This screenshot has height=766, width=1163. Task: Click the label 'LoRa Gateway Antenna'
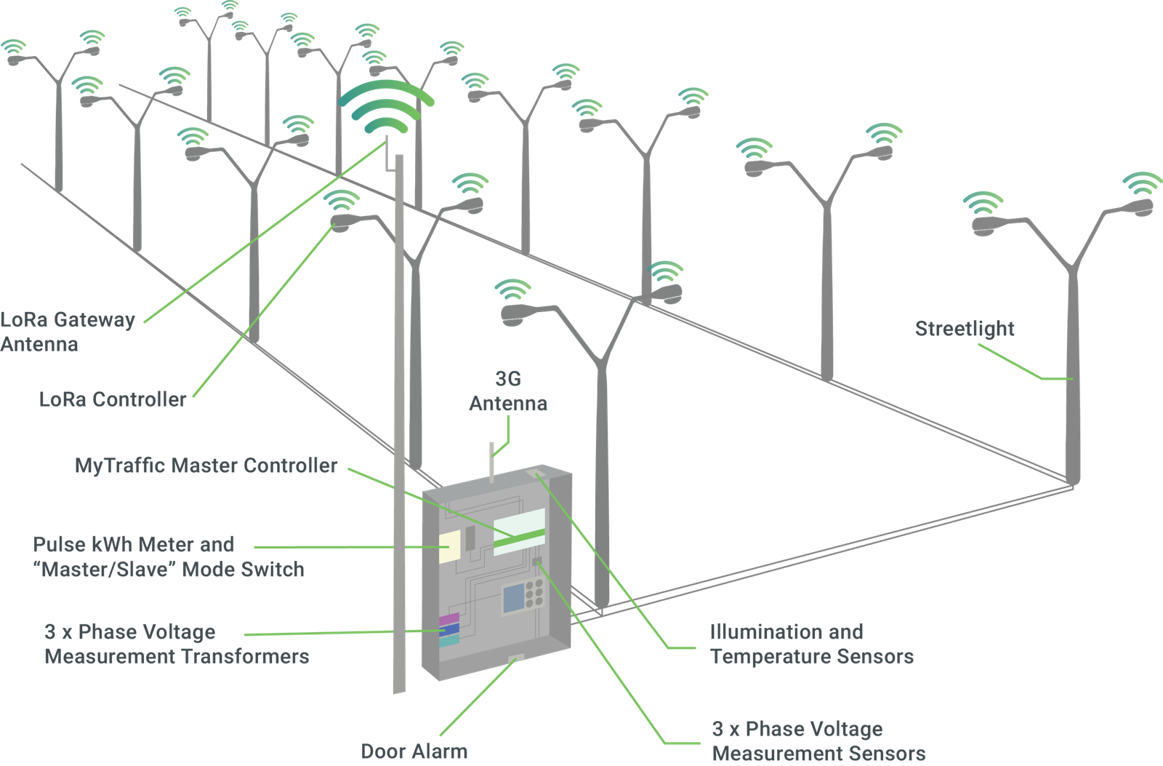click(x=68, y=331)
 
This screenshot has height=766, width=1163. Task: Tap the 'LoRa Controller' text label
click(x=113, y=399)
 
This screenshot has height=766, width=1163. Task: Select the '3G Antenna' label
click(x=508, y=391)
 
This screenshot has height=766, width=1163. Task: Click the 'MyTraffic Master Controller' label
click(x=206, y=466)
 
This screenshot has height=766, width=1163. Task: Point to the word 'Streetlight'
click(x=964, y=329)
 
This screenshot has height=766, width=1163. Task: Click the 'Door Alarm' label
click(x=415, y=751)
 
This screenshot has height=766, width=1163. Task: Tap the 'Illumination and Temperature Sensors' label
click(x=811, y=644)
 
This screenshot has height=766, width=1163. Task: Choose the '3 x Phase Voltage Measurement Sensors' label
click(x=818, y=741)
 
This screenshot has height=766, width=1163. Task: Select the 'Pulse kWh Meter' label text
click(x=134, y=544)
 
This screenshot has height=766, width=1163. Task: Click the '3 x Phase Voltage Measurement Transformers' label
click(x=177, y=644)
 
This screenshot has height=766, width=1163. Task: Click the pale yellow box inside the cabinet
click(x=449, y=546)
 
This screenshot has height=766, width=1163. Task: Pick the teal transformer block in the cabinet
click(x=449, y=639)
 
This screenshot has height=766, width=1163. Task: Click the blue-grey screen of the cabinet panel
click(x=514, y=597)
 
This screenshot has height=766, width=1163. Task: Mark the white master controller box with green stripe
click(x=519, y=532)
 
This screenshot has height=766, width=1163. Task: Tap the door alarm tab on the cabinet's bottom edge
click(x=516, y=659)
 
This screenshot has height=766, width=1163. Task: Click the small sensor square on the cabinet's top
click(x=540, y=475)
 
